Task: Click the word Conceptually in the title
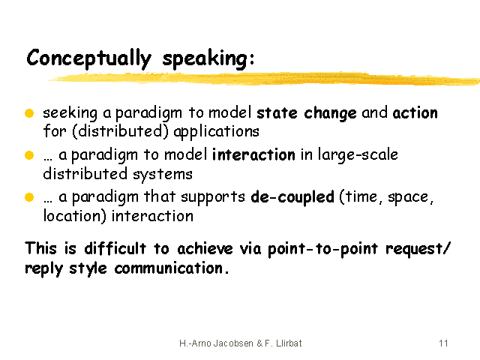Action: [89, 58]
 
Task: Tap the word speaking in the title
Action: [205, 58]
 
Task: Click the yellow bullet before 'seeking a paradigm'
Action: [29, 113]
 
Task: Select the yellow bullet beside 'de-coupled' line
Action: [29, 197]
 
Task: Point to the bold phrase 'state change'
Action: [307, 113]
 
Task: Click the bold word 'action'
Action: [415, 113]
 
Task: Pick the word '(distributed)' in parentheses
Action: [120, 132]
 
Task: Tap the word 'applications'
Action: [216, 132]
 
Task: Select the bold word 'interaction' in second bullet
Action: [253, 155]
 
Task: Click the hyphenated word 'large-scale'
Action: [358, 154]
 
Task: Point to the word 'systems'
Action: [163, 175]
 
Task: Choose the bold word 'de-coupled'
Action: [292, 197]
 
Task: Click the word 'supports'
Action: [213, 197]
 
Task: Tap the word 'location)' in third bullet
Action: [75, 216]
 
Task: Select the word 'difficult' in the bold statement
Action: [115, 248]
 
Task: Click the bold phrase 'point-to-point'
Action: [322, 249]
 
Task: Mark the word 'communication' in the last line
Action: [168, 268]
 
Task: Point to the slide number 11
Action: [443, 343]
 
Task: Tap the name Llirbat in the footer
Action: [289, 343]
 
